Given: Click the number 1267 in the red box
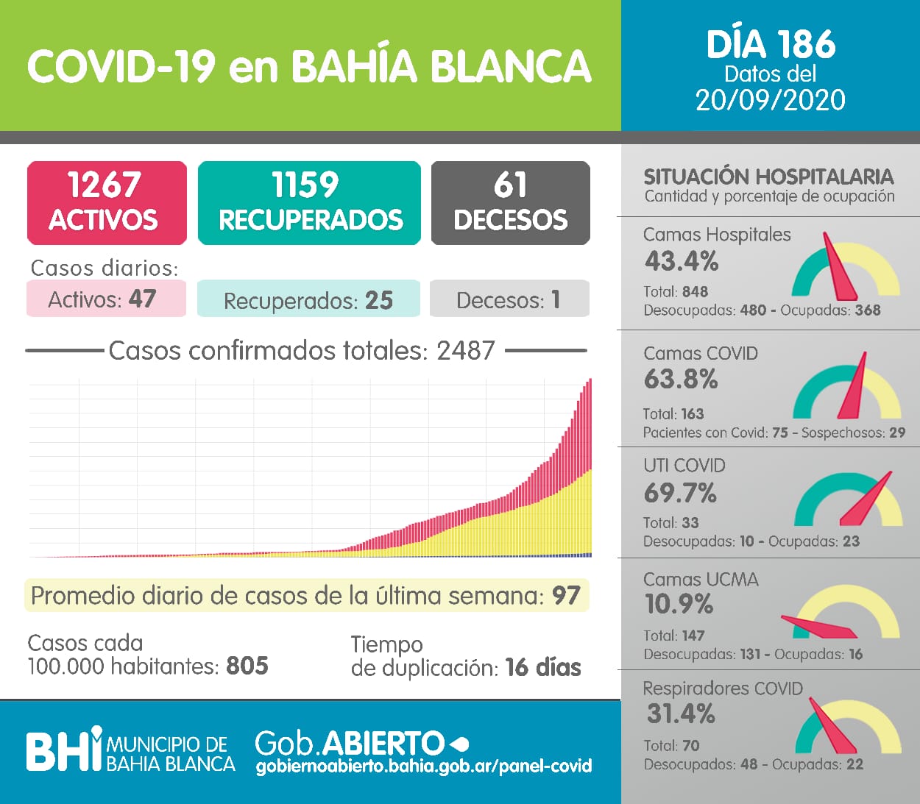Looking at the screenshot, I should (104, 185).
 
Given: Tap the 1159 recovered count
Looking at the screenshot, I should (305, 185).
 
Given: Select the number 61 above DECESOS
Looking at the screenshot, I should (510, 185).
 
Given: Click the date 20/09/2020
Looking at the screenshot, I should (770, 100).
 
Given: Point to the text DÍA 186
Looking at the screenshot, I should (771, 45).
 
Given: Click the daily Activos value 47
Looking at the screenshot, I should (142, 299).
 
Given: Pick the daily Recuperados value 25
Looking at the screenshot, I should (379, 300).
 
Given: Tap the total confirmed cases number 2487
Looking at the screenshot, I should (465, 351).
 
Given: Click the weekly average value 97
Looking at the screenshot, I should (566, 595).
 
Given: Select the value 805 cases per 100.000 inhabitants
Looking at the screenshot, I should (247, 666).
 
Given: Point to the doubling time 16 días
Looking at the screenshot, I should (543, 667).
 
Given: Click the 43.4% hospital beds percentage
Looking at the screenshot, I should (682, 261).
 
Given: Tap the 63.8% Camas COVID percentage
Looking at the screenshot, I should (681, 380).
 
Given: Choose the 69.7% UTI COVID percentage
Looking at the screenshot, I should (680, 493).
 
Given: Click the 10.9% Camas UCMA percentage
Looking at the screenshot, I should (679, 604).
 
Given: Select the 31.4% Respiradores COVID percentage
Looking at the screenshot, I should (681, 714).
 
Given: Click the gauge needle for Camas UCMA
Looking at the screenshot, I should (821, 626).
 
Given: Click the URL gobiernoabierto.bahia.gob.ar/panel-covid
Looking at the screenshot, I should (424, 766).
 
